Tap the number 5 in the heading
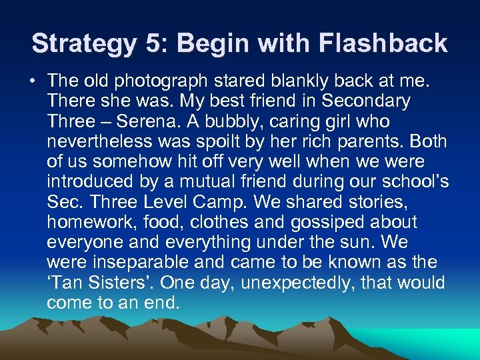coord(152,44)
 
